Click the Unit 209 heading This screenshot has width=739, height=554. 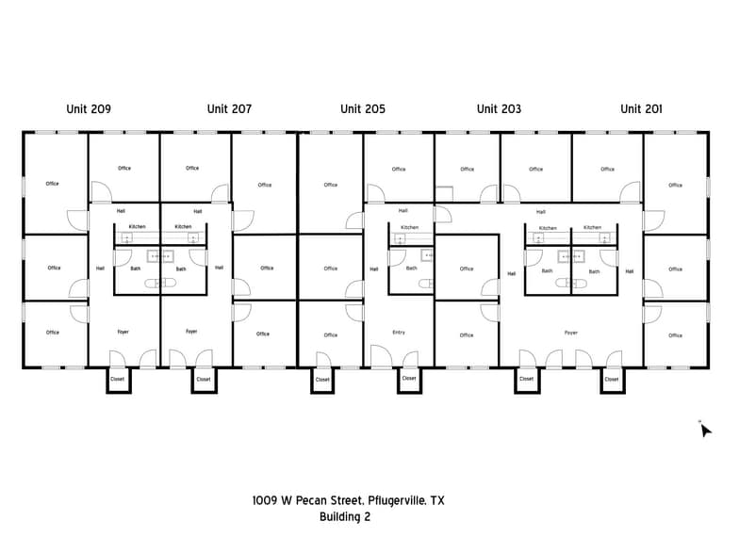pos(89,109)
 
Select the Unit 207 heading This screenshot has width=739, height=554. pos(229,109)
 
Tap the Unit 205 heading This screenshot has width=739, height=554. pos(363,109)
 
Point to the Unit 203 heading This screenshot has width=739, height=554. pos(499,109)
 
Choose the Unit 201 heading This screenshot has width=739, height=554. pos(641,109)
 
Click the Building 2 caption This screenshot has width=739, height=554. pos(345,517)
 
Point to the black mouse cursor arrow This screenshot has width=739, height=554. pos(705,431)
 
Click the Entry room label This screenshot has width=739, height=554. pos(399,333)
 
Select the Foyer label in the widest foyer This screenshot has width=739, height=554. pos(571,333)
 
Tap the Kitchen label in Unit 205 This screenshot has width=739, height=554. pos(409,227)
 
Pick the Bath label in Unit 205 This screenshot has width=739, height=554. pos(411,269)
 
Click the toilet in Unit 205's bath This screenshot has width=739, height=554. pos(425,282)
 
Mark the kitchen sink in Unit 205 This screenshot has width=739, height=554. pos(400,239)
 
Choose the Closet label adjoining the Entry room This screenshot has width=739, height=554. pos(409,379)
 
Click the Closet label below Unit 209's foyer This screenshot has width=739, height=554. pos(118,380)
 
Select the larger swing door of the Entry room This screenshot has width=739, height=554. pos(381,357)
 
